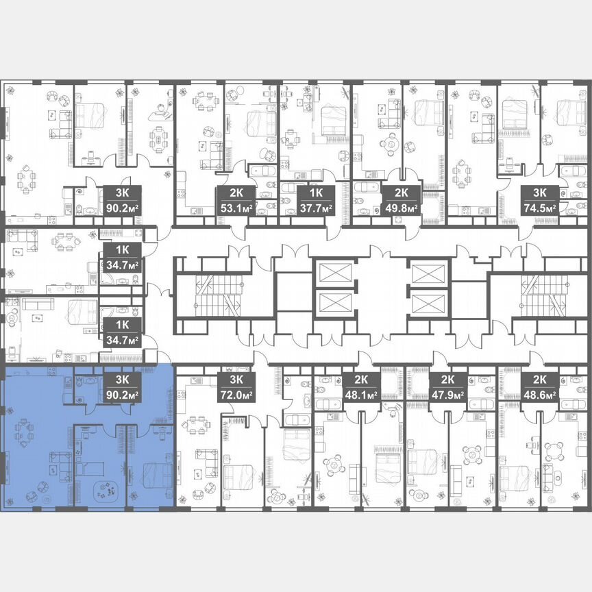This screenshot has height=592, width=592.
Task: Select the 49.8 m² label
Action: [401, 200]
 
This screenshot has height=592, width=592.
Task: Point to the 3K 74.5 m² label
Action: [539, 200]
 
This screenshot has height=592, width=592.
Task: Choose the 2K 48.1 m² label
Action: [361, 387]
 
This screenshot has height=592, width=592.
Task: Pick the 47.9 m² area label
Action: [447, 387]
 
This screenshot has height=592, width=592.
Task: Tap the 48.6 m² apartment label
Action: [539, 387]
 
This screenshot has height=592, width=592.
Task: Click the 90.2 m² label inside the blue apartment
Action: [123, 387]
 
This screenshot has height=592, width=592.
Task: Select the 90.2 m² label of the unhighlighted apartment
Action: [123, 200]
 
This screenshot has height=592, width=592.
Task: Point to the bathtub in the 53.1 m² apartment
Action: [261, 170]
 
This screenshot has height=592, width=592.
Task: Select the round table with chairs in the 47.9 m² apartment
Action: [471, 454]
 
